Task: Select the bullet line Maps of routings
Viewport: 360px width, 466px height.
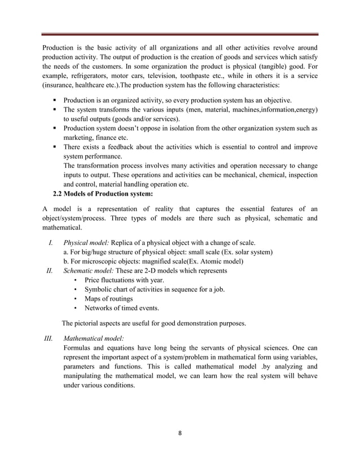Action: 108,298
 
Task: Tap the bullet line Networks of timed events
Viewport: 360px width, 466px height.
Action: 121,307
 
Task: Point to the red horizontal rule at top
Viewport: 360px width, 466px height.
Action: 180,33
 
